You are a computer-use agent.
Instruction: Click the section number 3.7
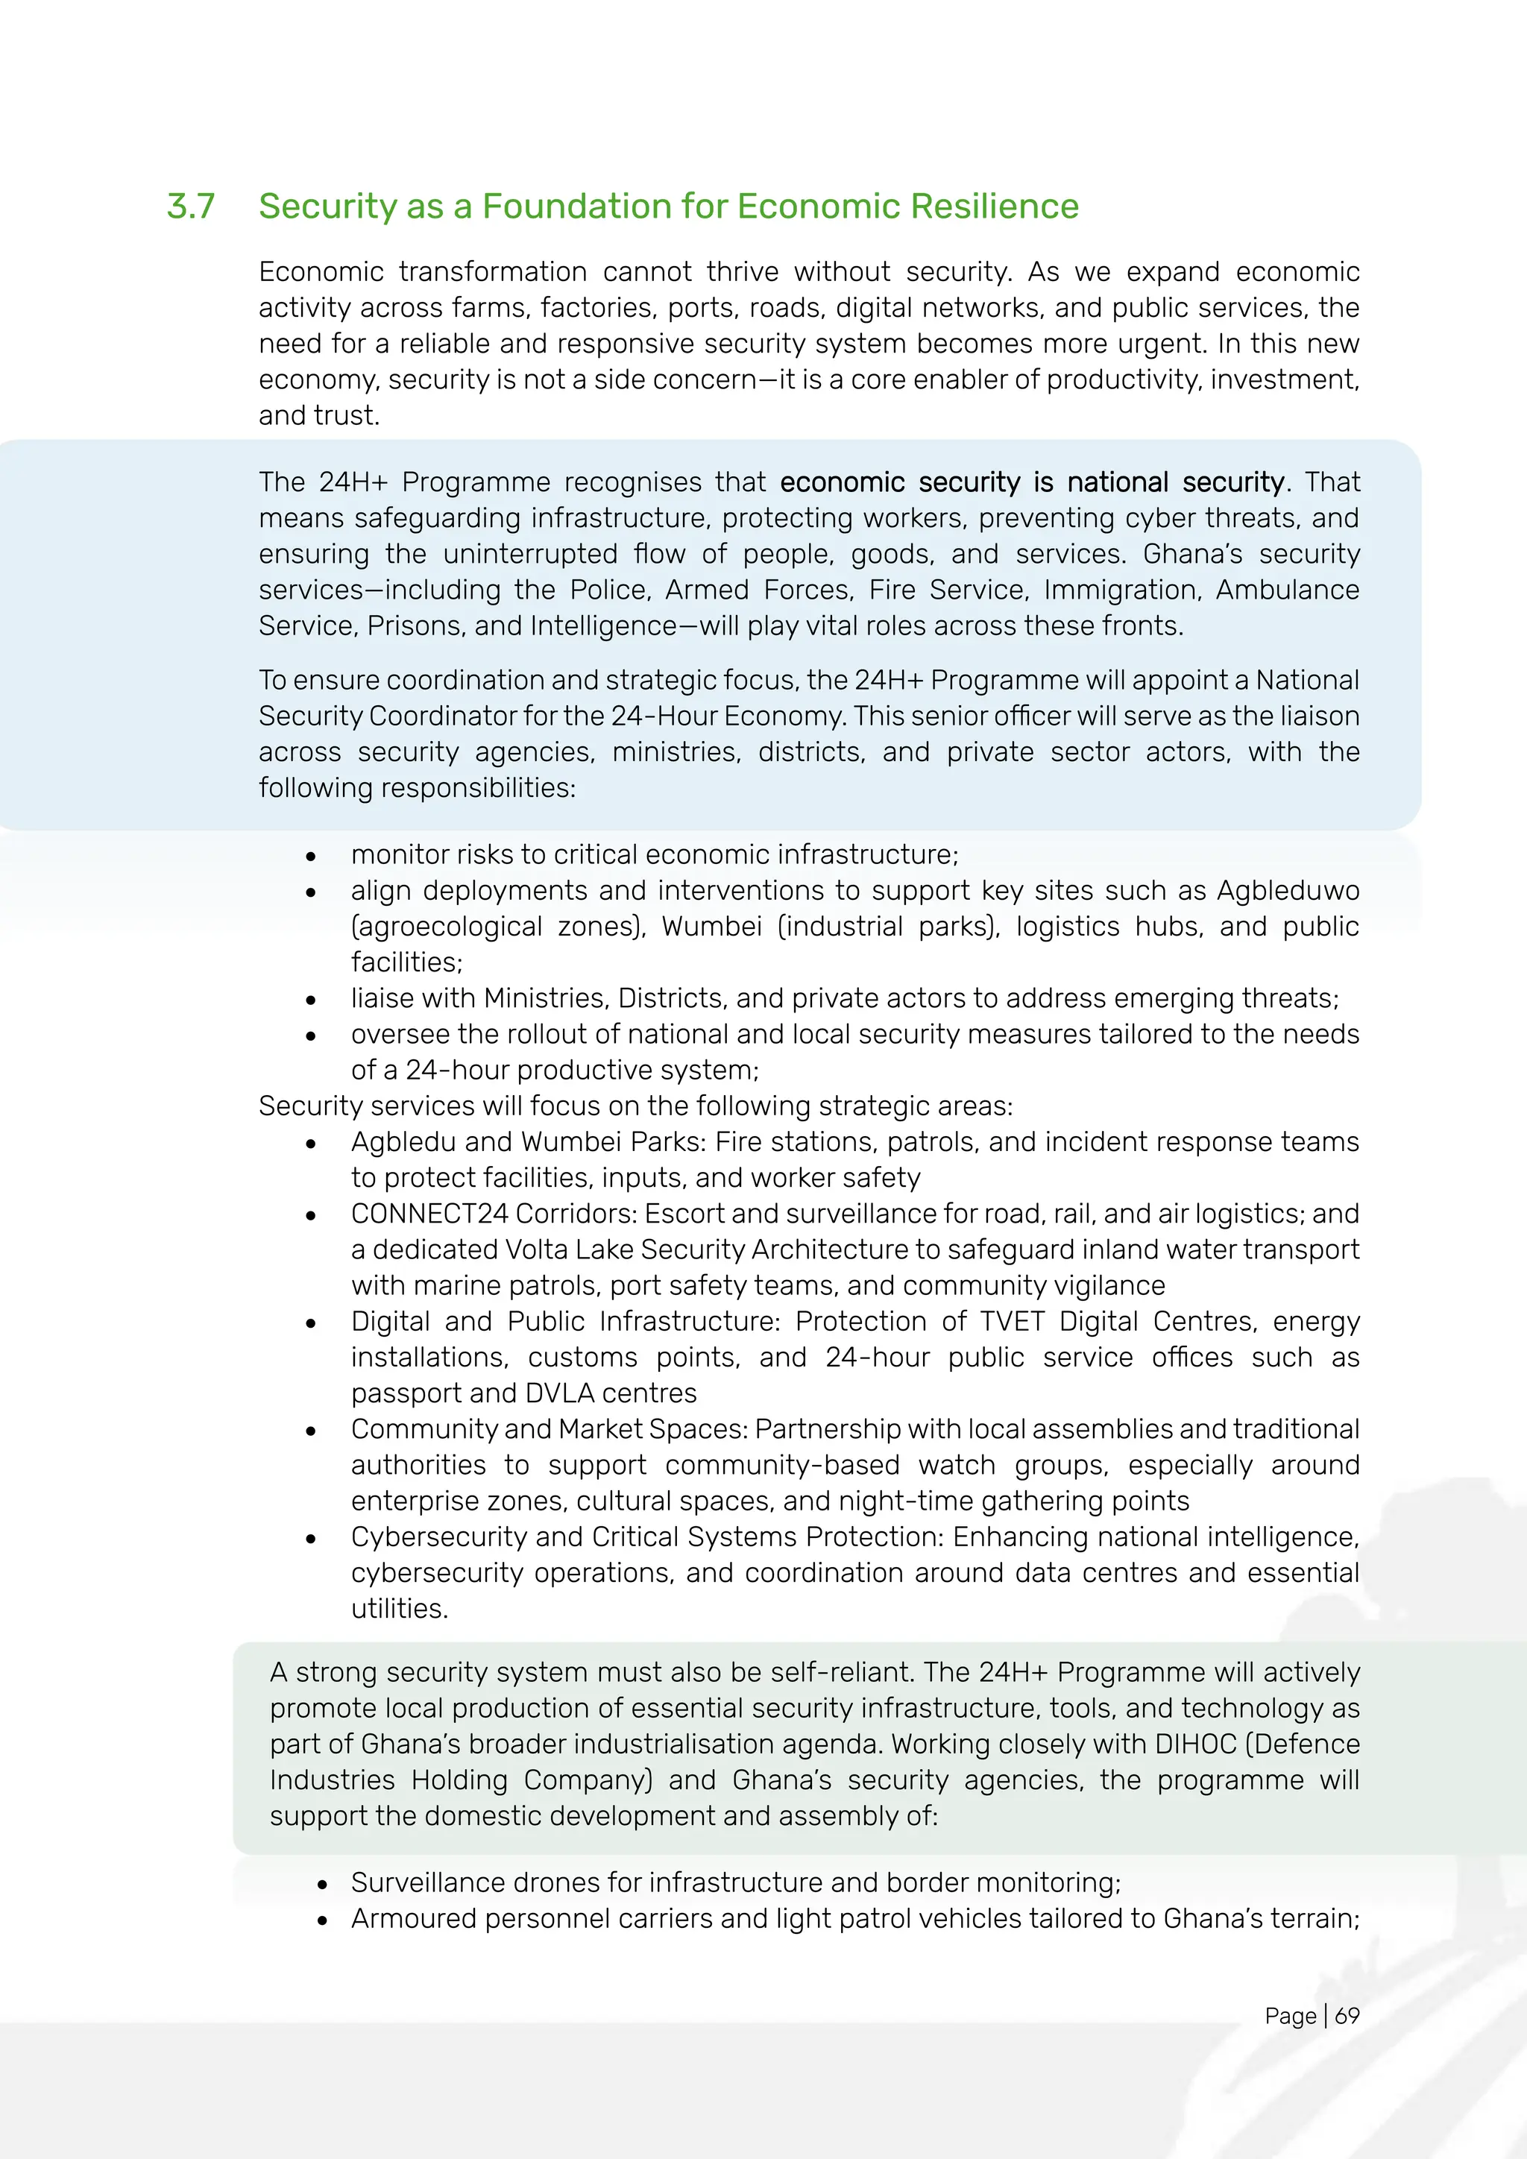(x=191, y=207)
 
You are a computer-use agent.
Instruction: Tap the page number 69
(x=1347, y=2015)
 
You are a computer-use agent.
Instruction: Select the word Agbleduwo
(x=1288, y=890)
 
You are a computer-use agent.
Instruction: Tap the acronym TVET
(x=1012, y=1322)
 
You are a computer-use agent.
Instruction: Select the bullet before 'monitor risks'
(x=310, y=857)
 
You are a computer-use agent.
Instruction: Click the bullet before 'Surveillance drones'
(x=323, y=1885)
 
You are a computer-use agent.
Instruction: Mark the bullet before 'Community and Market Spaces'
(x=310, y=1431)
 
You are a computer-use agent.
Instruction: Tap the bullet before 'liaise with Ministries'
(x=310, y=1000)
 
